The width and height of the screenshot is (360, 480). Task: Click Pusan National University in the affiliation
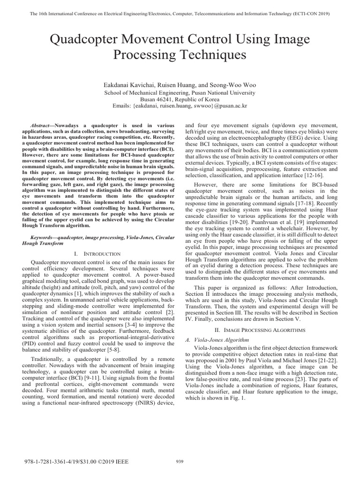pyautogui.click(x=223, y=93)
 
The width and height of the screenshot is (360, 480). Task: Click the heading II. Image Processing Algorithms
pyautogui.click(x=257, y=330)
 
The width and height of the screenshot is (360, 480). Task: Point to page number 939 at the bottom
pyautogui.click(x=180, y=461)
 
